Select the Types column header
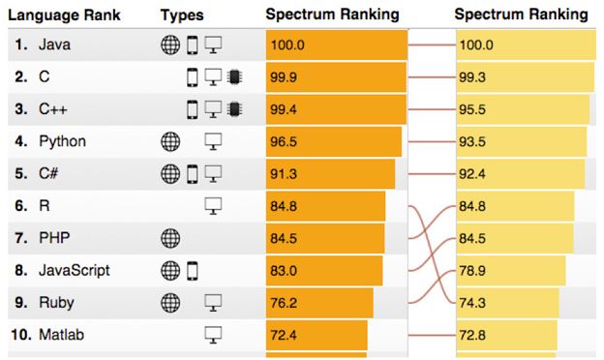(x=182, y=15)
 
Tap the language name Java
(x=54, y=45)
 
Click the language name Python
(x=62, y=141)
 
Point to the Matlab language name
(x=61, y=335)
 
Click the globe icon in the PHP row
(x=170, y=238)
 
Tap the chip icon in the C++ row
(x=232, y=109)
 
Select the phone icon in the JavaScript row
(x=192, y=270)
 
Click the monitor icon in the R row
(x=213, y=206)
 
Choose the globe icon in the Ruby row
(x=170, y=303)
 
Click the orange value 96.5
(x=286, y=141)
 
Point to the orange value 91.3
(x=286, y=174)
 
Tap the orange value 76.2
(x=286, y=303)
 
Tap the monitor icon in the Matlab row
(x=213, y=335)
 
